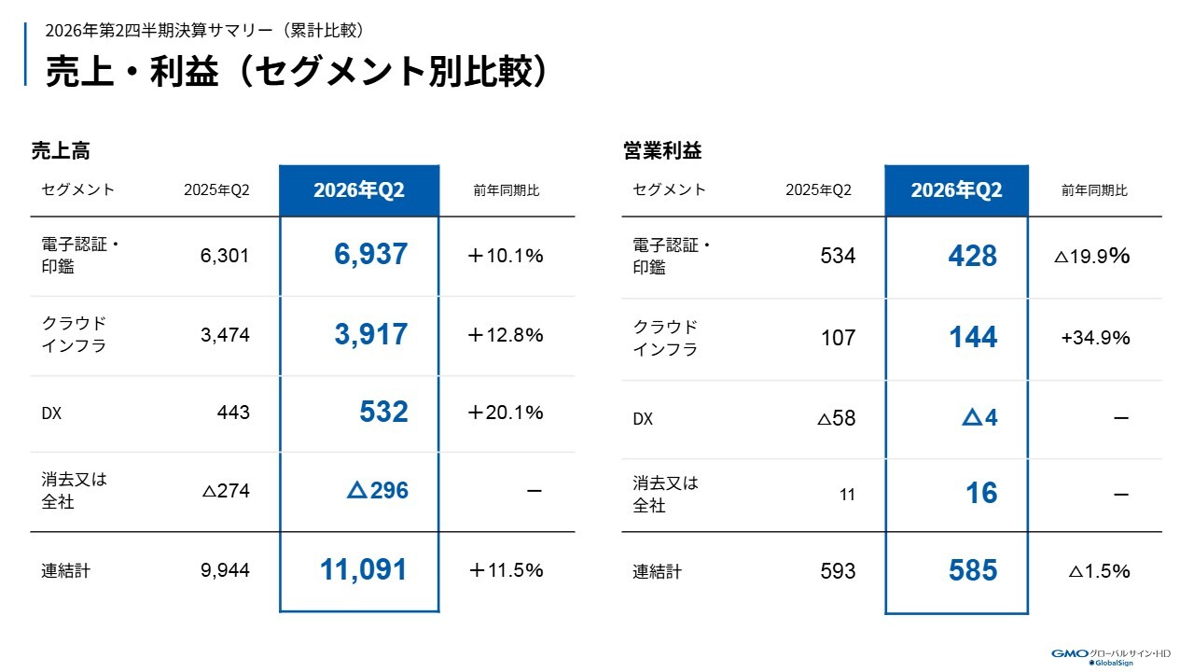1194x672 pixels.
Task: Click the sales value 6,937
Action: pyautogui.click(x=370, y=255)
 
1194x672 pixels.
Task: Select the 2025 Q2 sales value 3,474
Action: pyautogui.click(x=225, y=335)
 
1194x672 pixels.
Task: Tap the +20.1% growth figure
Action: pyautogui.click(x=506, y=413)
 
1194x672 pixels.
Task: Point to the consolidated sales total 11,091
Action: pyautogui.click(x=364, y=569)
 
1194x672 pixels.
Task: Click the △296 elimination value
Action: pyautogui.click(x=378, y=490)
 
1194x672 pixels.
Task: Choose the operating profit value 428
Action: pyautogui.click(x=972, y=256)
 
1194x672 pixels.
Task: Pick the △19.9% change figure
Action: pyautogui.click(x=1091, y=257)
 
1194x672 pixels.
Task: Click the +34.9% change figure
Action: pyautogui.click(x=1095, y=338)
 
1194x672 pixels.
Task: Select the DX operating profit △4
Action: pyautogui.click(x=979, y=417)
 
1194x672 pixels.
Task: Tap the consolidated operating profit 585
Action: pyautogui.click(x=973, y=570)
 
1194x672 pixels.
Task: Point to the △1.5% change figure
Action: pyautogui.click(x=1099, y=571)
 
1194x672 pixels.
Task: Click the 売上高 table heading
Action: pyautogui.click(x=61, y=151)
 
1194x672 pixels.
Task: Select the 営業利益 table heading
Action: pyautogui.click(x=662, y=151)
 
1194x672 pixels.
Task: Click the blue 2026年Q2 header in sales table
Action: pyautogui.click(x=359, y=190)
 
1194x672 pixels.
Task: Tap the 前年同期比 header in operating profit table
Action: pyautogui.click(x=1094, y=190)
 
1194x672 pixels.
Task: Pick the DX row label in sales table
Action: pyautogui.click(x=51, y=413)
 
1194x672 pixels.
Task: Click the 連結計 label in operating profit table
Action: pyautogui.click(x=657, y=572)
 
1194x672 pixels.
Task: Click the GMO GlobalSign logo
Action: pyautogui.click(x=1111, y=657)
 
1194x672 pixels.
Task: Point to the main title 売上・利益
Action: pyautogui.click(x=132, y=72)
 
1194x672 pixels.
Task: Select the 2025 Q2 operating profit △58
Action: pyautogui.click(x=837, y=418)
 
